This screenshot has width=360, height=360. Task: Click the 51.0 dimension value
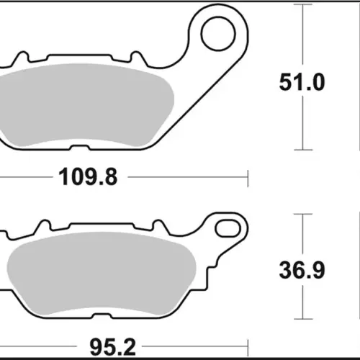click(x=302, y=82)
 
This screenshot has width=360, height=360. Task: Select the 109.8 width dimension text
click(x=88, y=177)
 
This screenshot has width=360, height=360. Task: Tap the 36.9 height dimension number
click(x=302, y=270)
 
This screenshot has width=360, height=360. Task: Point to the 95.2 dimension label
click(x=112, y=347)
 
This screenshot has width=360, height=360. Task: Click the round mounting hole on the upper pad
click(x=218, y=34)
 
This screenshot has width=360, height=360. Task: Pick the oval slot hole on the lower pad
click(x=228, y=228)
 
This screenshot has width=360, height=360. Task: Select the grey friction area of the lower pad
click(x=102, y=274)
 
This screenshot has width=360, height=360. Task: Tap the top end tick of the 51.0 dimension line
click(x=303, y=4)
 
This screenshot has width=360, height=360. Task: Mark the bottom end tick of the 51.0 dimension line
click(x=303, y=150)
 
